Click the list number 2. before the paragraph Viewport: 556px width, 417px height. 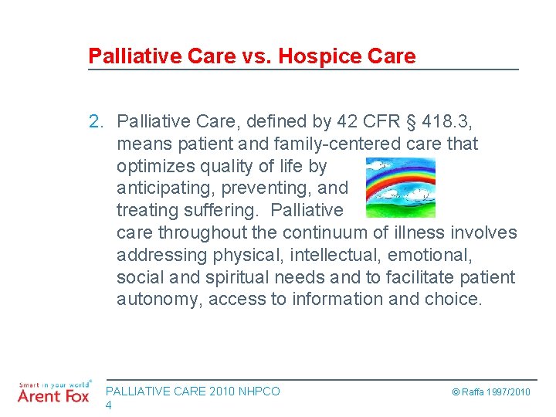tap(97, 121)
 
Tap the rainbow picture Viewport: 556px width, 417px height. tap(400, 188)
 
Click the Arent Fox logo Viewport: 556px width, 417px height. tap(53, 392)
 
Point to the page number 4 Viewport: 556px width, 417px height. tap(109, 405)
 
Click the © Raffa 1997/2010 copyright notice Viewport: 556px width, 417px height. tap(491, 392)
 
